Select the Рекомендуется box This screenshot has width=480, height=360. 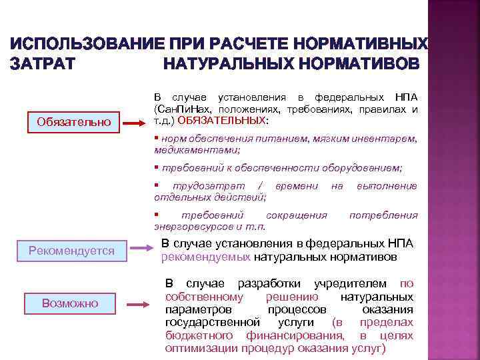(72, 251)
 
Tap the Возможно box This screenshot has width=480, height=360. (70, 303)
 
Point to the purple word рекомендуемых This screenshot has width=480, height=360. (206, 256)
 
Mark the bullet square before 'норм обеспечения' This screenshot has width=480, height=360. (155, 138)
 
